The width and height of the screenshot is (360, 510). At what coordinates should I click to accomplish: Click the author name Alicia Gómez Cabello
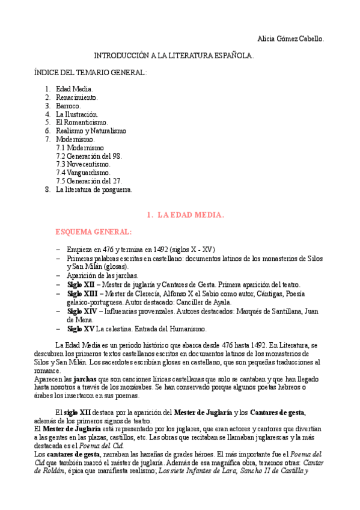(290, 38)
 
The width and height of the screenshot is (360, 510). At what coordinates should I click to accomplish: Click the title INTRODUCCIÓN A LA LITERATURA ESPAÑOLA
(174, 55)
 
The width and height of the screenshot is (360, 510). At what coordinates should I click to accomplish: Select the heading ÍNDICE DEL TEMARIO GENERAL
(90, 72)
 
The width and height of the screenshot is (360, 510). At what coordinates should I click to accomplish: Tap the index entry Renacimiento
(77, 97)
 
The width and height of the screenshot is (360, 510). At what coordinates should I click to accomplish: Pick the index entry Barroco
(68, 105)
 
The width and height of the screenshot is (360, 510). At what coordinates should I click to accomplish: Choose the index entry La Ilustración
(77, 114)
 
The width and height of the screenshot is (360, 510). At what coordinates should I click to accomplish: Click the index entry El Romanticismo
(82, 122)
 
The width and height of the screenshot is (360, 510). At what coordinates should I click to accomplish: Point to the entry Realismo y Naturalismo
(91, 131)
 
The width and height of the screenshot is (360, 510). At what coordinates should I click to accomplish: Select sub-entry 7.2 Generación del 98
(88, 155)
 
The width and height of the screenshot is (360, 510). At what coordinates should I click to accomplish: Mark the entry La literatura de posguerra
(94, 189)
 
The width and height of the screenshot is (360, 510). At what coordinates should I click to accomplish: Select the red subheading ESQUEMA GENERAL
(93, 231)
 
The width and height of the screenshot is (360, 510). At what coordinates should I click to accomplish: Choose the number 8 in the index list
(47, 189)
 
